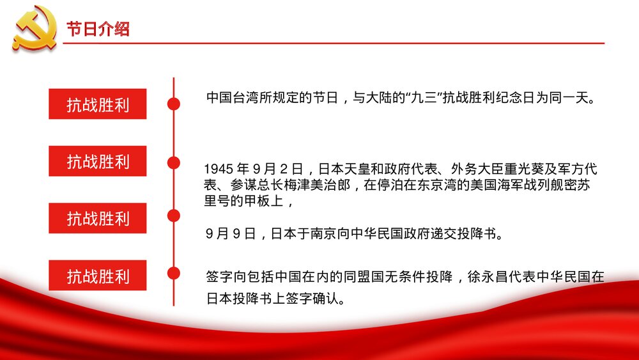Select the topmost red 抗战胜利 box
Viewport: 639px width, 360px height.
98,104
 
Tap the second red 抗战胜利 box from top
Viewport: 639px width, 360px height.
98,161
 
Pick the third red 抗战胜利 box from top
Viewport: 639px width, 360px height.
98,218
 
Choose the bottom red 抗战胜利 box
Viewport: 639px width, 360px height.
98,276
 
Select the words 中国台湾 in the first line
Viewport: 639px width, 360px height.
227,98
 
